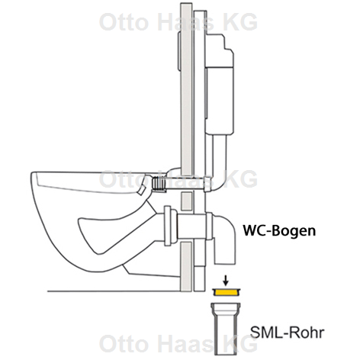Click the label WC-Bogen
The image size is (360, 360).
pos(279,231)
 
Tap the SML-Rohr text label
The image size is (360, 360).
pos(287,333)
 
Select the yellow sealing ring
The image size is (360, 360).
pos(227,293)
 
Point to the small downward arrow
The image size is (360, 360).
pos(226,281)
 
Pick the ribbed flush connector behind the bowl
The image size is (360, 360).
pos(158,183)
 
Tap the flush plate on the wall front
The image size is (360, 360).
pos(179,51)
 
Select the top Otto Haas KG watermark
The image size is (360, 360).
pos(178,22)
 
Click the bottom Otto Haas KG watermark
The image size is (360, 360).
pos(178,343)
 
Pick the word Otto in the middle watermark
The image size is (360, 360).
pos(124,178)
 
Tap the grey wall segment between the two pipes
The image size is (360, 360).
pos(187,201)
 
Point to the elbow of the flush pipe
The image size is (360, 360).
pos(217,184)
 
